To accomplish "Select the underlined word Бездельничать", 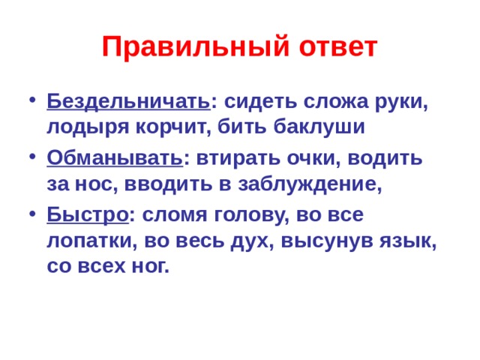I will click(128, 100).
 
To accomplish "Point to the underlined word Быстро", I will click(86, 214).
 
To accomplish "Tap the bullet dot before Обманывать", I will click(29, 159).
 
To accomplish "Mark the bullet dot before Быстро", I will click(29, 216).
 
